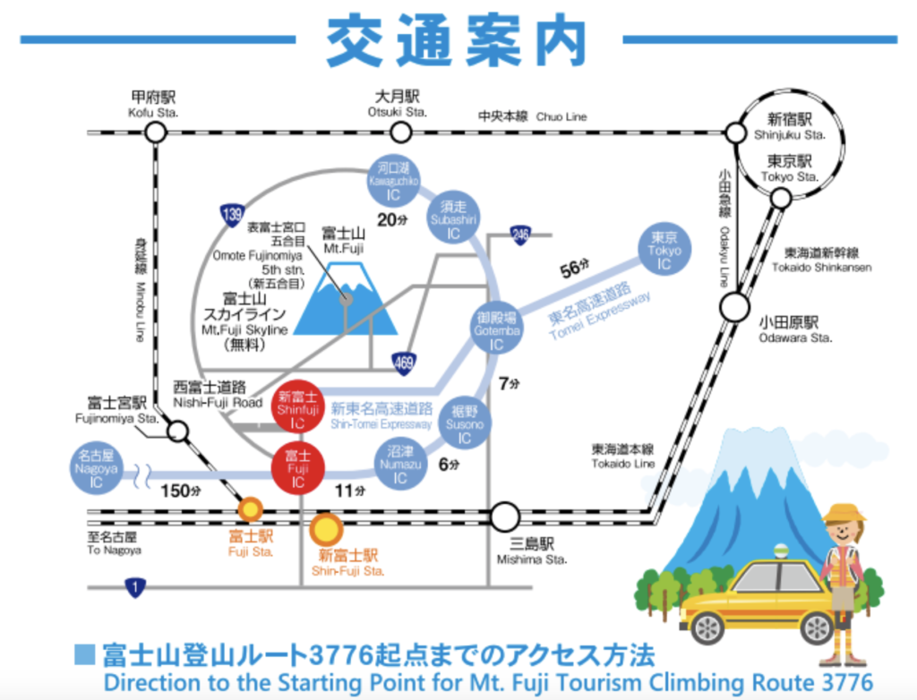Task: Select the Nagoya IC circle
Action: (96, 469)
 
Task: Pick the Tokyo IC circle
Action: (664, 251)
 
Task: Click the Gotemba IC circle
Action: (496, 330)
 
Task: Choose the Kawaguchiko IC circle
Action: (393, 179)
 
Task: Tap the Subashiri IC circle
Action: (453, 219)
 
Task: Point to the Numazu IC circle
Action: (399, 465)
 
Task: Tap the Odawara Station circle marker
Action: (734, 307)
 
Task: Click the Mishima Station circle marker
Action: (505, 516)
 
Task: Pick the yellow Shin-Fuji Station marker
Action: (326, 530)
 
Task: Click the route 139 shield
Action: (232, 214)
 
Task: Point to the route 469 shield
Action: (403, 363)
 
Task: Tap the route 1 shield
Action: (134, 588)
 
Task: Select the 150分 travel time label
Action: (177, 491)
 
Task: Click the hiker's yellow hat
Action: (844, 513)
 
